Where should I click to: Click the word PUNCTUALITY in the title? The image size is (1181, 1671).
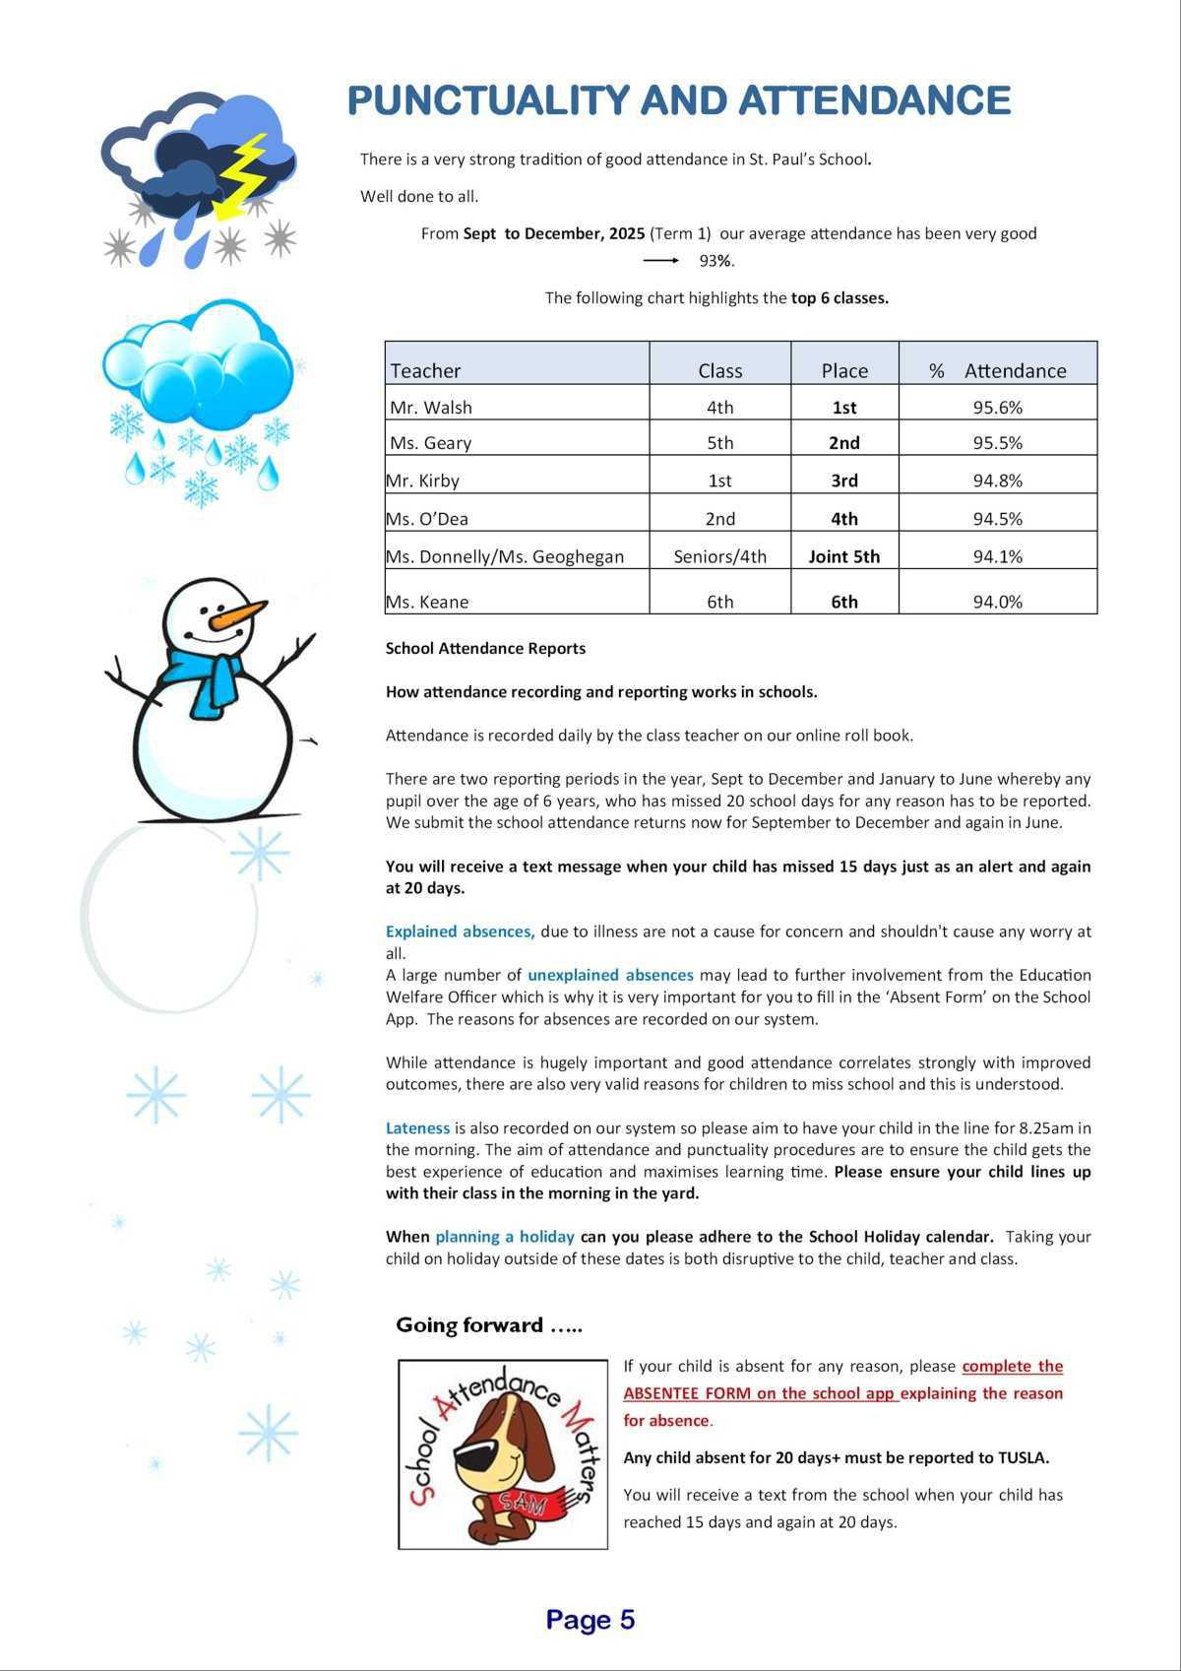tap(488, 100)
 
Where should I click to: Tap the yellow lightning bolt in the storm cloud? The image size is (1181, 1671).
tap(241, 174)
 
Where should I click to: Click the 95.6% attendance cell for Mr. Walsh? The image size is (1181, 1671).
tap(997, 407)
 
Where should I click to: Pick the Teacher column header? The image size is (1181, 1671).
tap(425, 370)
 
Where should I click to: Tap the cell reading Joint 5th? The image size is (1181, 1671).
tap(843, 556)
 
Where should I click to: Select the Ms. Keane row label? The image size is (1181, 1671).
tap(427, 602)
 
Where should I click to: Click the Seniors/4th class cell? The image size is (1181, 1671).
tap(719, 556)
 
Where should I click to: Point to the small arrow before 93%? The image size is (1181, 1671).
tap(660, 261)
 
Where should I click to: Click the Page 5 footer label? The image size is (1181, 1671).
tap(590, 1620)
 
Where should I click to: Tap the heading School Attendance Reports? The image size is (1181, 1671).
tap(485, 648)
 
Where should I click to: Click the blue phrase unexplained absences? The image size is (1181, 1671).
tap(610, 975)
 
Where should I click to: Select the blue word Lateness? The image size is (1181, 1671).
tap(417, 1127)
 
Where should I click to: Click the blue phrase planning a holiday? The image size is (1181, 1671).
tap(505, 1236)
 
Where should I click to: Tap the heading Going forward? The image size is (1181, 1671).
tap(488, 1325)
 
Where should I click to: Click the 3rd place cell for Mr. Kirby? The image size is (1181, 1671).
tap(843, 481)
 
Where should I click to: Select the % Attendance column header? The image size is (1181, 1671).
tap(997, 370)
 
